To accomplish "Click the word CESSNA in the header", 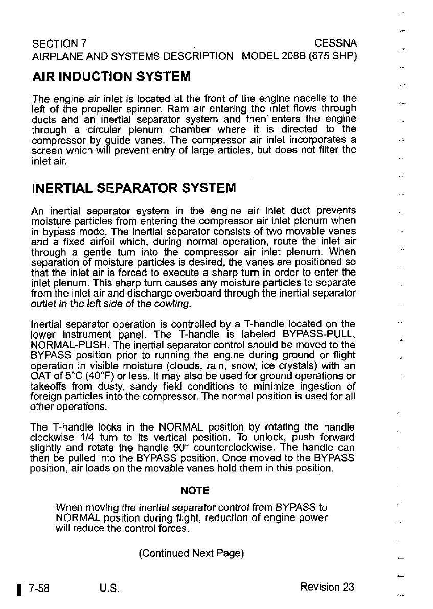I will [335, 42].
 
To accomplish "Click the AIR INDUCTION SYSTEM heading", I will [111, 77].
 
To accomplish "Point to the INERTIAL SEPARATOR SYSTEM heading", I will [133, 188].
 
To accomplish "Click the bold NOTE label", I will [195, 491].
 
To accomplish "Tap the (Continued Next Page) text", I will [191, 553].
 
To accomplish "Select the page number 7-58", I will [39, 588].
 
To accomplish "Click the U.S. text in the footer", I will [109, 588].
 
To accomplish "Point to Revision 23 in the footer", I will [327, 587].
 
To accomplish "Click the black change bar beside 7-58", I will [18, 589].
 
